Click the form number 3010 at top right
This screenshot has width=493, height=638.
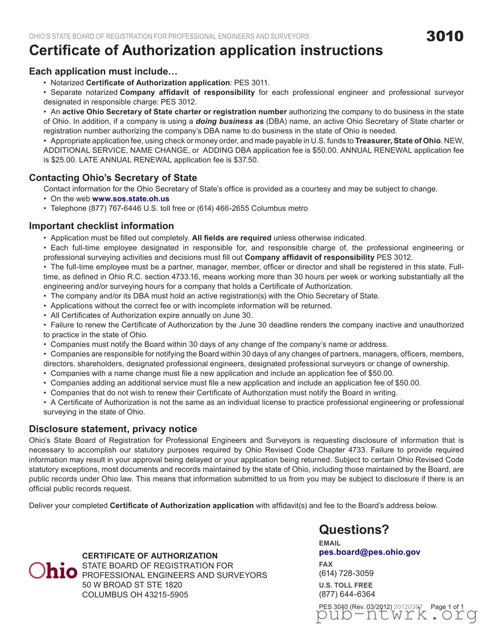pyautogui.click(x=445, y=36)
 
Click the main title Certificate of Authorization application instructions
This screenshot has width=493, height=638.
pyautogui.click(x=205, y=50)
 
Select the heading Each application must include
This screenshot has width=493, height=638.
pyautogui.click(x=103, y=71)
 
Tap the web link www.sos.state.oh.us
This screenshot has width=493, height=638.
pyautogui.click(x=130, y=199)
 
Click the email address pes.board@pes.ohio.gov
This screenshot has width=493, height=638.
pyautogui.click(x=370, y=552)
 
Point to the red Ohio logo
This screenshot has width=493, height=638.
pyautogui.click(x=53, y=570)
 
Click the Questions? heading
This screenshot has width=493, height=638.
pyautogui.click(x=354, y=529)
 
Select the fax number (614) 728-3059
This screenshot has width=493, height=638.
pyautogui.click(x=346, y=573)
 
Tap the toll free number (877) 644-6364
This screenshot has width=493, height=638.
pyautogui.click(x=347, y=594)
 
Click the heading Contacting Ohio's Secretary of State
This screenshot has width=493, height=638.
pyautogui.click(x=113, y=178)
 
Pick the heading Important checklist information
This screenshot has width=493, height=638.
pyautogui.click(x=101, y=226)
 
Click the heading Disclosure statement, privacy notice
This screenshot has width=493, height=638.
pyautogui.click(x=113, y=429)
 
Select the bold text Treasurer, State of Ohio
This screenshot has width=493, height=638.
pyautogui.click(x=398, y=141)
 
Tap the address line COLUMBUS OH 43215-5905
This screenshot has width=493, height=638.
pyautogui.click(x=135, y=595)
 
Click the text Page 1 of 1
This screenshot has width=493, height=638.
pyautogui.click(x=447, y=606)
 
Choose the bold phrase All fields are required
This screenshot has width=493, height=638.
pyautogui.click(x=231, y=238)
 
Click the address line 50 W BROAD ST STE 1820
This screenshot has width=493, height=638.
pyautogui.click(x=132, y=585)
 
